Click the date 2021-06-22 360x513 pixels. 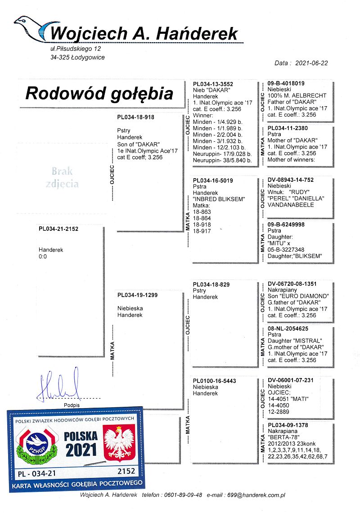311,63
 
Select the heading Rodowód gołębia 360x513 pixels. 99,93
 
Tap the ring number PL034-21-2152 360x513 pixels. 58,229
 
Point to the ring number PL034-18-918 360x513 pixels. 135,117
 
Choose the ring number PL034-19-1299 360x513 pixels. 138,295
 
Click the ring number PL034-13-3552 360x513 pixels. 213,84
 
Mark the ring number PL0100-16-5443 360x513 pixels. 214,381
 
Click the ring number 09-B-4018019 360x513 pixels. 286,83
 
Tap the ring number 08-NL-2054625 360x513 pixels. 288,329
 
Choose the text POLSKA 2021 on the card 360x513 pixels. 81,443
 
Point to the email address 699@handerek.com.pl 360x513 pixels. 256,495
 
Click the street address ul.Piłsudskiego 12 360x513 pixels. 76,48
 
